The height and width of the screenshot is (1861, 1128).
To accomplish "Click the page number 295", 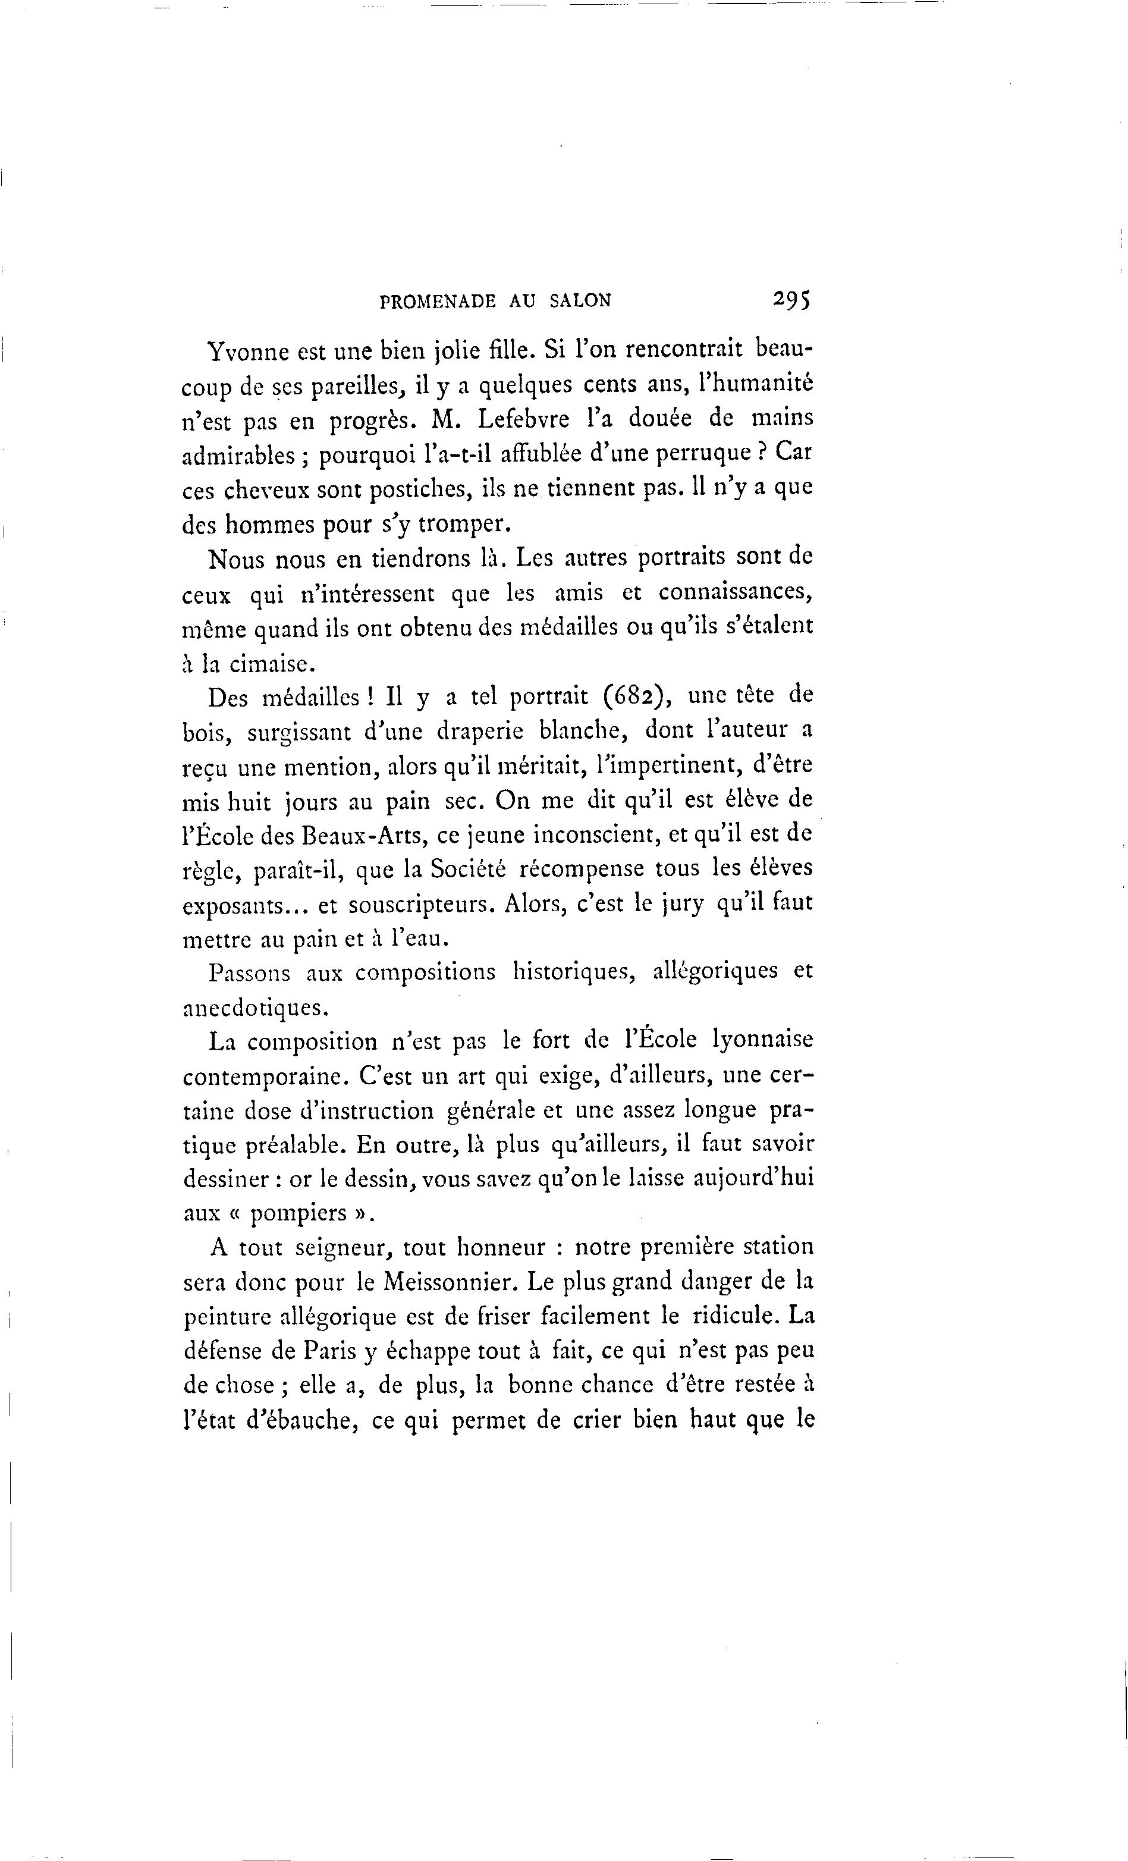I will tap(790, 299).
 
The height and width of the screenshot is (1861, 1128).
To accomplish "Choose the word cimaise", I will tap(269, 663).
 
